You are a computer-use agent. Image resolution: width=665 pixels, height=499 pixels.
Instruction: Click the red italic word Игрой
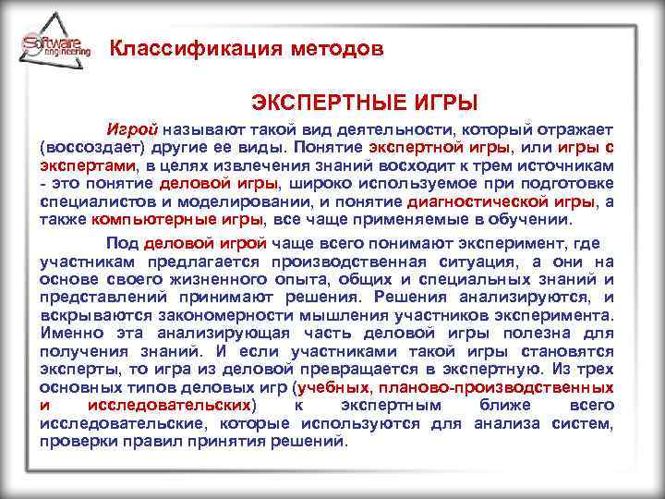(x=133, y=130)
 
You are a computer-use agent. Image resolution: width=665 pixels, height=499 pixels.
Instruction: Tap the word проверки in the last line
(x=72, y=440)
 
